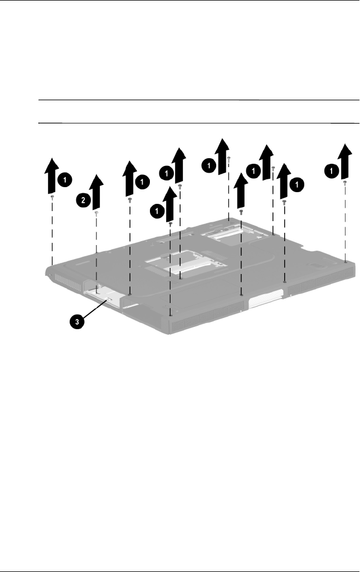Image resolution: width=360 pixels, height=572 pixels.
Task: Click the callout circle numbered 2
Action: pyautogui.click(x=82, y=201)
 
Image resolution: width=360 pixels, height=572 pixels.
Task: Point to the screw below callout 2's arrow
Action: pyautogui.click(x=96, y=213)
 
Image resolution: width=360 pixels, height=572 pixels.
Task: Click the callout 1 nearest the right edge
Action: pyautogui.click(x=332, y=171)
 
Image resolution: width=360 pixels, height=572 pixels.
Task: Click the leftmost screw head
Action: pyautogui.click(x=52, y=197)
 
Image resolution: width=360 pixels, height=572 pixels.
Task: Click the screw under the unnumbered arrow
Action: pyautogui.click(x=241, y=212)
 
